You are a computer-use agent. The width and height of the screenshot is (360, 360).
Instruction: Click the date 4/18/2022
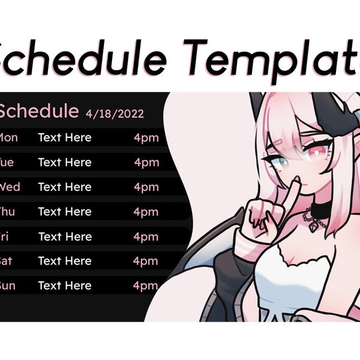115,113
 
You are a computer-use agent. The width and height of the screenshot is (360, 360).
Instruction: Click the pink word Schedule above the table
38,111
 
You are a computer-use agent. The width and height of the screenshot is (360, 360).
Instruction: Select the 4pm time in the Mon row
146,138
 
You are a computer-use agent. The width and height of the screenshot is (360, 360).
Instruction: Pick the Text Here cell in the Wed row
65,187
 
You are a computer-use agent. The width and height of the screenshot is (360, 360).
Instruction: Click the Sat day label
6,261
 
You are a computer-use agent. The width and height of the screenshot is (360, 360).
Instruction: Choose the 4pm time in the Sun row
146,286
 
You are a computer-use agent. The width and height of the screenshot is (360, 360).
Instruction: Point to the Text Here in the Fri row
65,236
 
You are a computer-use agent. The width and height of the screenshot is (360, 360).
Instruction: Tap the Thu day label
7,212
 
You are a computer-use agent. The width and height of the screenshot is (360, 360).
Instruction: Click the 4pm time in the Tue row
146,163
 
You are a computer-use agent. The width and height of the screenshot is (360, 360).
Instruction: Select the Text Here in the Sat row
65,261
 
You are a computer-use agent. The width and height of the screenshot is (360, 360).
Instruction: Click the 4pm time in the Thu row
146,212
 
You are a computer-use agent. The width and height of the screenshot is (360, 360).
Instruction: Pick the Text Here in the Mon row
65,138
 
